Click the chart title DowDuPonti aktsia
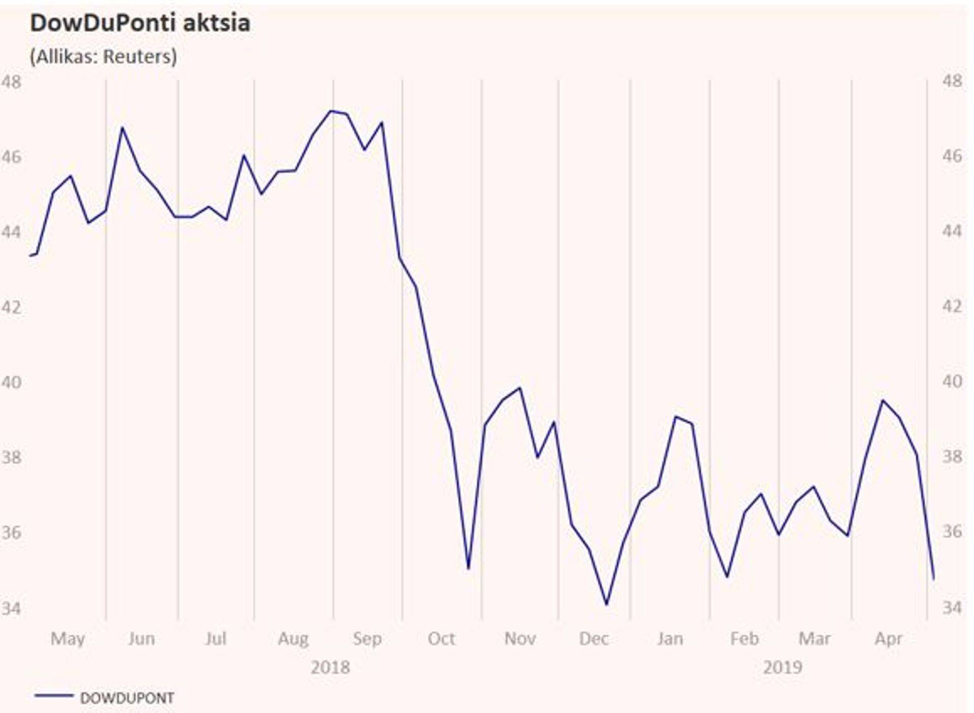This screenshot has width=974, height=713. pos(140,23)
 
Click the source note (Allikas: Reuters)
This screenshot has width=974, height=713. pos(103,56)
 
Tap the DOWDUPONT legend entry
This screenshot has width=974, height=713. pos(126,698)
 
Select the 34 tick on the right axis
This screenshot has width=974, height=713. pos(952,607)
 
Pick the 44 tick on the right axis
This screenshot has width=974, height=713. pos(952,231)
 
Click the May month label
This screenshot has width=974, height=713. pos(67,638)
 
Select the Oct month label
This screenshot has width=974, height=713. pos(441,638)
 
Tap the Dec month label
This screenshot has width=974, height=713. pos(594,638)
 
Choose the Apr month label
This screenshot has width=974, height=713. pos(888,638)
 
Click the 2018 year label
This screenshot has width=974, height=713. pos(330,667)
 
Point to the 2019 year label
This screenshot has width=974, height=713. pos(782,667)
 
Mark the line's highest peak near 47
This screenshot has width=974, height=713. pos(331,111)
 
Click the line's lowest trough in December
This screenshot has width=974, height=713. pos(607,604)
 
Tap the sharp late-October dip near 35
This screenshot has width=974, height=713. pos(468,568)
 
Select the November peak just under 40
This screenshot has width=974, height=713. pos(520,388)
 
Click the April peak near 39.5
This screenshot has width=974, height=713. pos(883,401)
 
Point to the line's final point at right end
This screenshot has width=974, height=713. pos(933,578)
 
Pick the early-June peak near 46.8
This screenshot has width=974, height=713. pos(122,127)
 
